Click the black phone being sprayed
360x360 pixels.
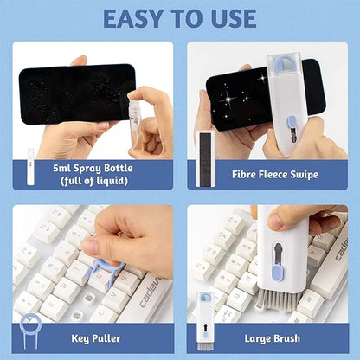(x=69, y=93)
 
